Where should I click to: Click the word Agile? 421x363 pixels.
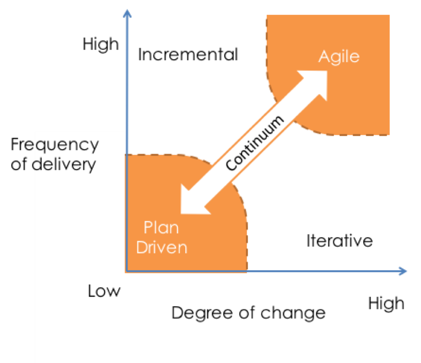pyautogui.click(x=339, y=57)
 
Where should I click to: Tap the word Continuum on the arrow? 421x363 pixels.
pyautogui.click(x=255, y=144)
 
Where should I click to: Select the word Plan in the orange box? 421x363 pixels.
pyautogui.click(x=161, y=228)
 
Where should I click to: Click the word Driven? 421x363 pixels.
pyautogui.click(x=162, y=247)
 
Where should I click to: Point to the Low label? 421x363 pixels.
pyautogui.click(x=104, y=291)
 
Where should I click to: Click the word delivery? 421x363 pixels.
pyautogui.click(x=65, y=164)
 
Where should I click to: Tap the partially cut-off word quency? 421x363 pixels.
pyautogui.click(x=66, y=145)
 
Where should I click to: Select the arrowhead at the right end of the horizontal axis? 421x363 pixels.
pyautogui.click(x=403, y=271)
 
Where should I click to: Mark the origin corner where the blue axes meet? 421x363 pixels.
pyautogui.click(x=127, y=271)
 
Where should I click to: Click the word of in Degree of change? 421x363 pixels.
pyautogui.click(x=235, y=313)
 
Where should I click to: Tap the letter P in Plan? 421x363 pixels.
pyautogui.click(x=148, y=228)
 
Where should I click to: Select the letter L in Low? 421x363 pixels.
pyautogui.click(x=92, y=291)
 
